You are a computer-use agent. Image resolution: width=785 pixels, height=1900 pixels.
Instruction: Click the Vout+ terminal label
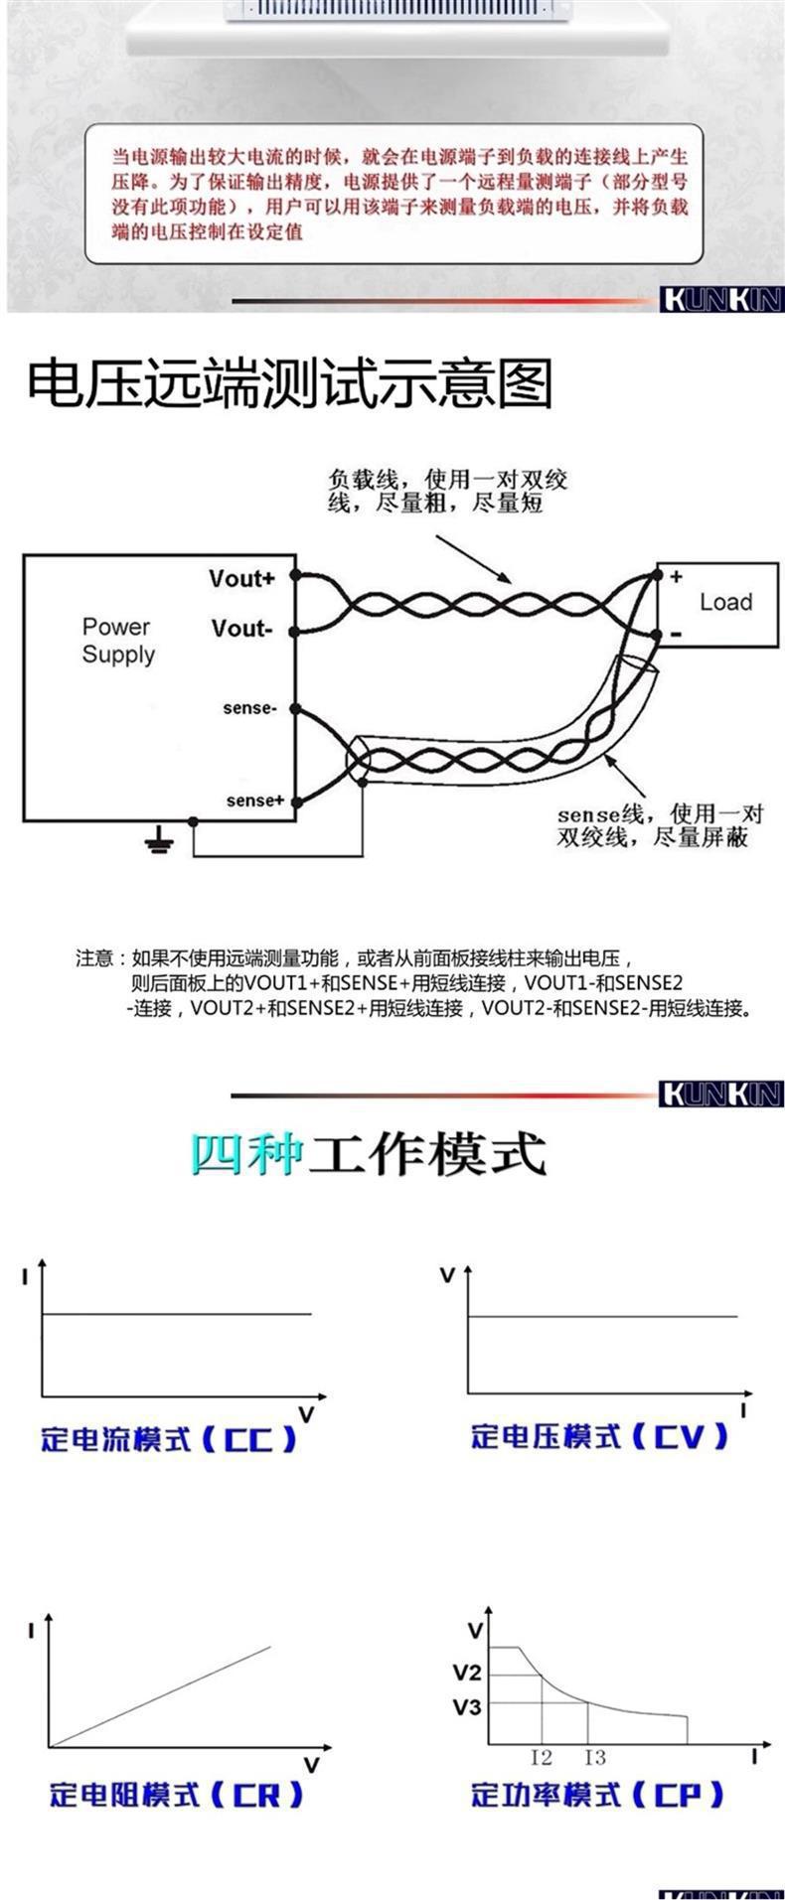(x=241, y=578)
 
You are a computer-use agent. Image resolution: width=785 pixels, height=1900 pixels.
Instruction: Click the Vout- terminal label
(x=240, y=629)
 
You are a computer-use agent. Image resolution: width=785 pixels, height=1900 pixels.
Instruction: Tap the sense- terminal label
(x=248, y=708)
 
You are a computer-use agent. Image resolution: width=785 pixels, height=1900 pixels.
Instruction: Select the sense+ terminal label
(x=255, y=801)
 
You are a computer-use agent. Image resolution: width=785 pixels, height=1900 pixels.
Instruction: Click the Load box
(x=724, y=602)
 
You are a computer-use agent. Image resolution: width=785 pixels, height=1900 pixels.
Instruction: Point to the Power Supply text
(x=118, y=641)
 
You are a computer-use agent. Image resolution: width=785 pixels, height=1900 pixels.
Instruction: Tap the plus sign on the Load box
(x=676, y=576)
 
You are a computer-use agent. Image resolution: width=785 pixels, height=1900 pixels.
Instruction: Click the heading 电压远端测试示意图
(x=288, y=384)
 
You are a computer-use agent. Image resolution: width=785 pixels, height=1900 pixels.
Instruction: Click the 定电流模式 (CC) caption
(x=169, y=1439)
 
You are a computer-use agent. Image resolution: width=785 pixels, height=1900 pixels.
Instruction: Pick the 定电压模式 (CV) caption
(x=599, y=1436)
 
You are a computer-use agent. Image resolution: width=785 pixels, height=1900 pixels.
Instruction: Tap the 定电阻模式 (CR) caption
(x=176, y=1795)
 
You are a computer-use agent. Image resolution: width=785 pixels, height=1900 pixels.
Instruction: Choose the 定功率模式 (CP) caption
(x=598, y=1795)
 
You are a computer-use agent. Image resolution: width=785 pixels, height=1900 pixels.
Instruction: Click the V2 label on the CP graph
(x=467, y=1672)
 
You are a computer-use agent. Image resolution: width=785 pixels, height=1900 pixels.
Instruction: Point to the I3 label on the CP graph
(x=594, y=1758)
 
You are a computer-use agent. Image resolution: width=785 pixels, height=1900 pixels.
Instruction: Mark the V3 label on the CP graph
(x=467, y=1707)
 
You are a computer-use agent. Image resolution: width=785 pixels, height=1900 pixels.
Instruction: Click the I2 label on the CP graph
(x=542, y=1758)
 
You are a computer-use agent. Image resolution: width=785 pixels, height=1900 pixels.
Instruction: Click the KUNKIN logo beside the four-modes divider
(x=721, y=1095)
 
